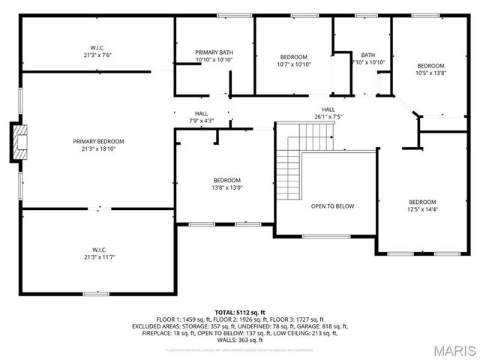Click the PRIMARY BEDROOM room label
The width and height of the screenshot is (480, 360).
(98, 141)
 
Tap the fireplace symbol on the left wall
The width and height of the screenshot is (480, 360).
(20, 141)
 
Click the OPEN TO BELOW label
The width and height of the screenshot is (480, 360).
(332, 206)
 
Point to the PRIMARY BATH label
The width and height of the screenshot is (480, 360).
(214, 52)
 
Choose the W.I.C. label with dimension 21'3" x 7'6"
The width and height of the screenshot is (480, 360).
(98, 48)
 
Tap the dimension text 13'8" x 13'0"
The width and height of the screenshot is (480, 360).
(227, 187)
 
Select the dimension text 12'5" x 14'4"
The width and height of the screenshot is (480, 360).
(421, 209)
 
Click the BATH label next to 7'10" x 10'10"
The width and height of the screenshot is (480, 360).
(367, 55)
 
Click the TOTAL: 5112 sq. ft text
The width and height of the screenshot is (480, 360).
(240, 312)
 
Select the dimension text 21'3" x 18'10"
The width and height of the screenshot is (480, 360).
(98, 148)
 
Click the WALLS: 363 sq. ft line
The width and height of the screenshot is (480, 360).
(240, 339)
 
